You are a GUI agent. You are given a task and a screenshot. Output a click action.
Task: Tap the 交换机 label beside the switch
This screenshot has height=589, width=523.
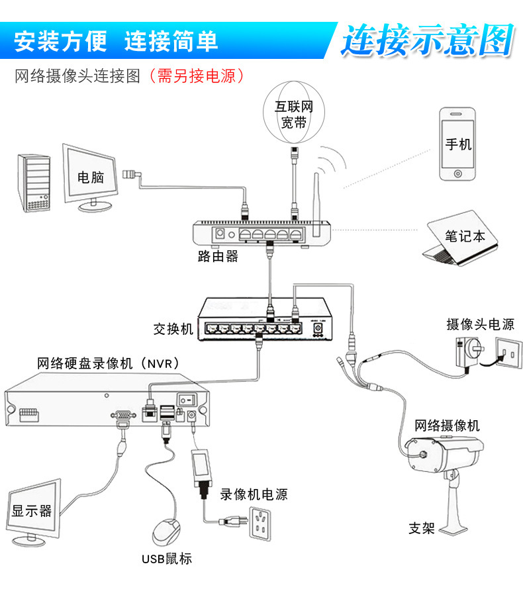[173, 328]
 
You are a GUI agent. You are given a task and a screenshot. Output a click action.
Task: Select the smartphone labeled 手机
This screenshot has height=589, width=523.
[457, 144]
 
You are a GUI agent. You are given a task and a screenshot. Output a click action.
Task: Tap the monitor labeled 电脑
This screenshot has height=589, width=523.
[91, 176]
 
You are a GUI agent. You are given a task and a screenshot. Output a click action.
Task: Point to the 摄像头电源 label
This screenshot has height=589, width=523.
[480, 324]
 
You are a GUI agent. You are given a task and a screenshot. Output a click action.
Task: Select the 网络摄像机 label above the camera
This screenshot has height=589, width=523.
[447, 426]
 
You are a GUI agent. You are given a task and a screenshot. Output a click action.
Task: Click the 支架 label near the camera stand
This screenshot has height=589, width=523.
[421, 528]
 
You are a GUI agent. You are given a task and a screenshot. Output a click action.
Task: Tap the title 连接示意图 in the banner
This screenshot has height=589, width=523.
[428, 41]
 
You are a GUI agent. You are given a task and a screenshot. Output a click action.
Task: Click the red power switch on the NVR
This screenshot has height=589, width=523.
[189, 399]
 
